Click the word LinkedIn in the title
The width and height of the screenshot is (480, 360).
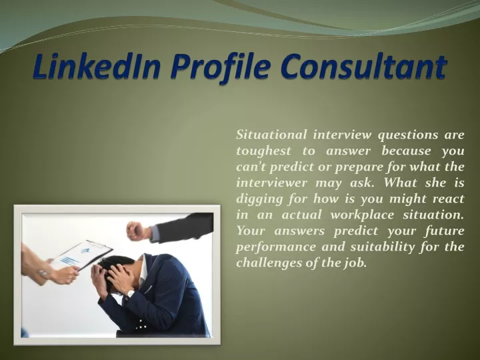[97, 67]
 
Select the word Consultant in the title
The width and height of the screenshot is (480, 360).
[363, 67]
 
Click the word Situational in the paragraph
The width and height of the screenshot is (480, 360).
[271, 135]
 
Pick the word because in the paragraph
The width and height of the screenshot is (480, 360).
[406, 151]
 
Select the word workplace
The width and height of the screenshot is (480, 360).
[363, 215]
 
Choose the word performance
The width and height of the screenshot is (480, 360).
[276, 247]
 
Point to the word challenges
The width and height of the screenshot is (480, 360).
[269, 263]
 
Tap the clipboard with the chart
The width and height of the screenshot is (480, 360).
[81, 255]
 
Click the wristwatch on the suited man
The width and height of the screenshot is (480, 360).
[130, 294]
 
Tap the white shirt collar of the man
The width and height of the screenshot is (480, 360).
[143, 269]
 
